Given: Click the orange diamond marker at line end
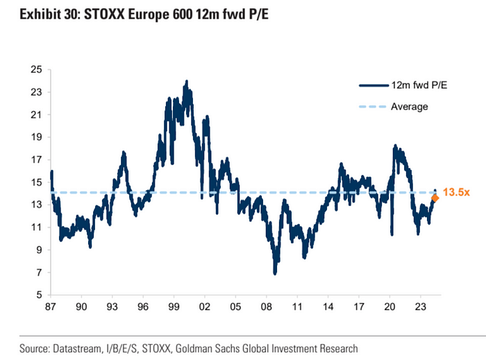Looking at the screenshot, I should (x=435, y=198).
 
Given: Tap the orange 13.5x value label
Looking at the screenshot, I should (x=455, y=192).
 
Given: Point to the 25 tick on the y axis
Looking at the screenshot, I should (x=36, y=69).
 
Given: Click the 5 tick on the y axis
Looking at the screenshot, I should (x=39, y=295).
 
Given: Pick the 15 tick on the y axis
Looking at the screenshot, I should (x=36, y=182).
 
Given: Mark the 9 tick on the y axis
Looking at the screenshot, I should (x=39, y=250).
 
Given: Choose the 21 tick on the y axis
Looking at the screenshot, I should (x=36, y=114).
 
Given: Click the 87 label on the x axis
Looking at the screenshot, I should (x=51, y=306).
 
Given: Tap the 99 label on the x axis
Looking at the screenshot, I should (x=174, y=306).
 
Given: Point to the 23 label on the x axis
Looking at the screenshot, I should (x=419, y=306).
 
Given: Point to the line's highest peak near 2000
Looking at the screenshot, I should (x=187, y=81).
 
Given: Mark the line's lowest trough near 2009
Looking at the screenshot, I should (x=276, y=273).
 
